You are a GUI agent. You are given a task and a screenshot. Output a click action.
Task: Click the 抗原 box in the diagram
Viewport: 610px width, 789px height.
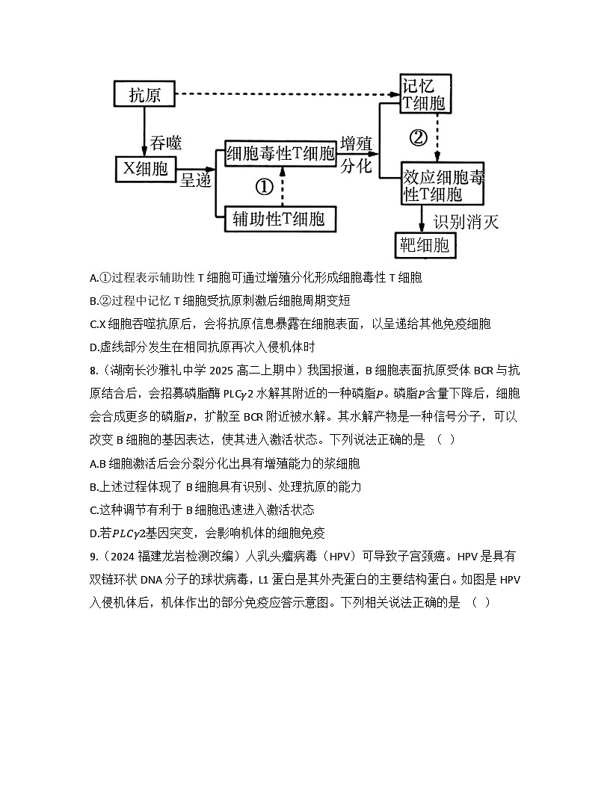144,95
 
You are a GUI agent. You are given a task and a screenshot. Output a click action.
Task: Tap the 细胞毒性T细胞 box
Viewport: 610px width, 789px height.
281,154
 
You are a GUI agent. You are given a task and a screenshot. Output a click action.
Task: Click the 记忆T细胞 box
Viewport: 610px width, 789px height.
424,94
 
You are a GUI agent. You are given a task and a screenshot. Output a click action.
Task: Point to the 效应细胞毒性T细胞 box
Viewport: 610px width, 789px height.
443,185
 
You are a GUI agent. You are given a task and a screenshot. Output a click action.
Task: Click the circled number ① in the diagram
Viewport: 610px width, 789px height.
264,187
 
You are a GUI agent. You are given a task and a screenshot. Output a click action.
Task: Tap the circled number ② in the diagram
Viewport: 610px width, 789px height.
418,138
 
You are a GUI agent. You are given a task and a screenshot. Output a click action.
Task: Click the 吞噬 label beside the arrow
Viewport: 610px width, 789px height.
166,142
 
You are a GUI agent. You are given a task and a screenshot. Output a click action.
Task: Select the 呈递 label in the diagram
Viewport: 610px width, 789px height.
196,180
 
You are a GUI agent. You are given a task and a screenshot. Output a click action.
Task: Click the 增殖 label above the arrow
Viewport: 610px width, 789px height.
356,143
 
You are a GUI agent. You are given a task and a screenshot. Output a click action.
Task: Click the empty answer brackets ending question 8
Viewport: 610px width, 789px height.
446,439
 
